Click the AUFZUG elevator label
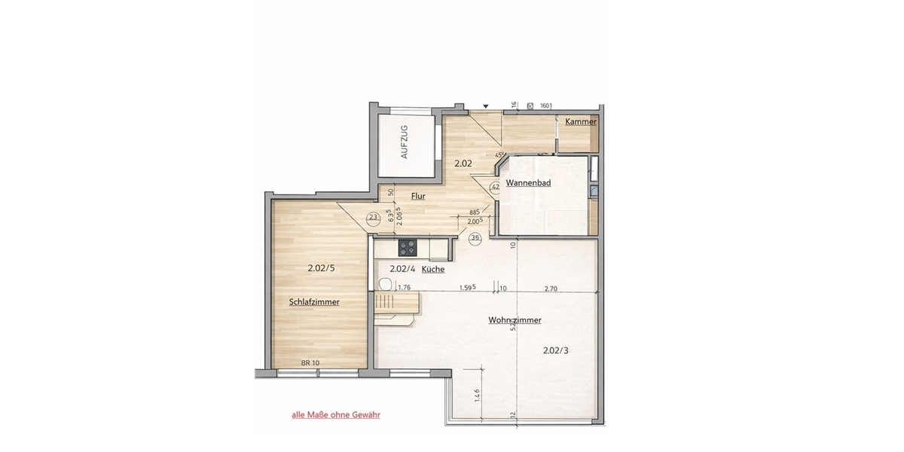click(x=405, y=142)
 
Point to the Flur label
click(x=418, y=196)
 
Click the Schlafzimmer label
click(x=314, y=302)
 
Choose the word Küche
click(x=433, y=269)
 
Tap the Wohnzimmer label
click(x=515, y=320)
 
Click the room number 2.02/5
click(x=322, y=267)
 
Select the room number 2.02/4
click(x=402, y=269)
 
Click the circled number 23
click(x=372, y=218)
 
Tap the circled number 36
click(x=475, y=238)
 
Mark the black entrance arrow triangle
click(x=486, y=106)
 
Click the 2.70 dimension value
click(x=551, y=288)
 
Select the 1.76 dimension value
click(x=404, y=287)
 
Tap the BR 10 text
click(x=310, y=363)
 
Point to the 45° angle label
click(x=499, y=156)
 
